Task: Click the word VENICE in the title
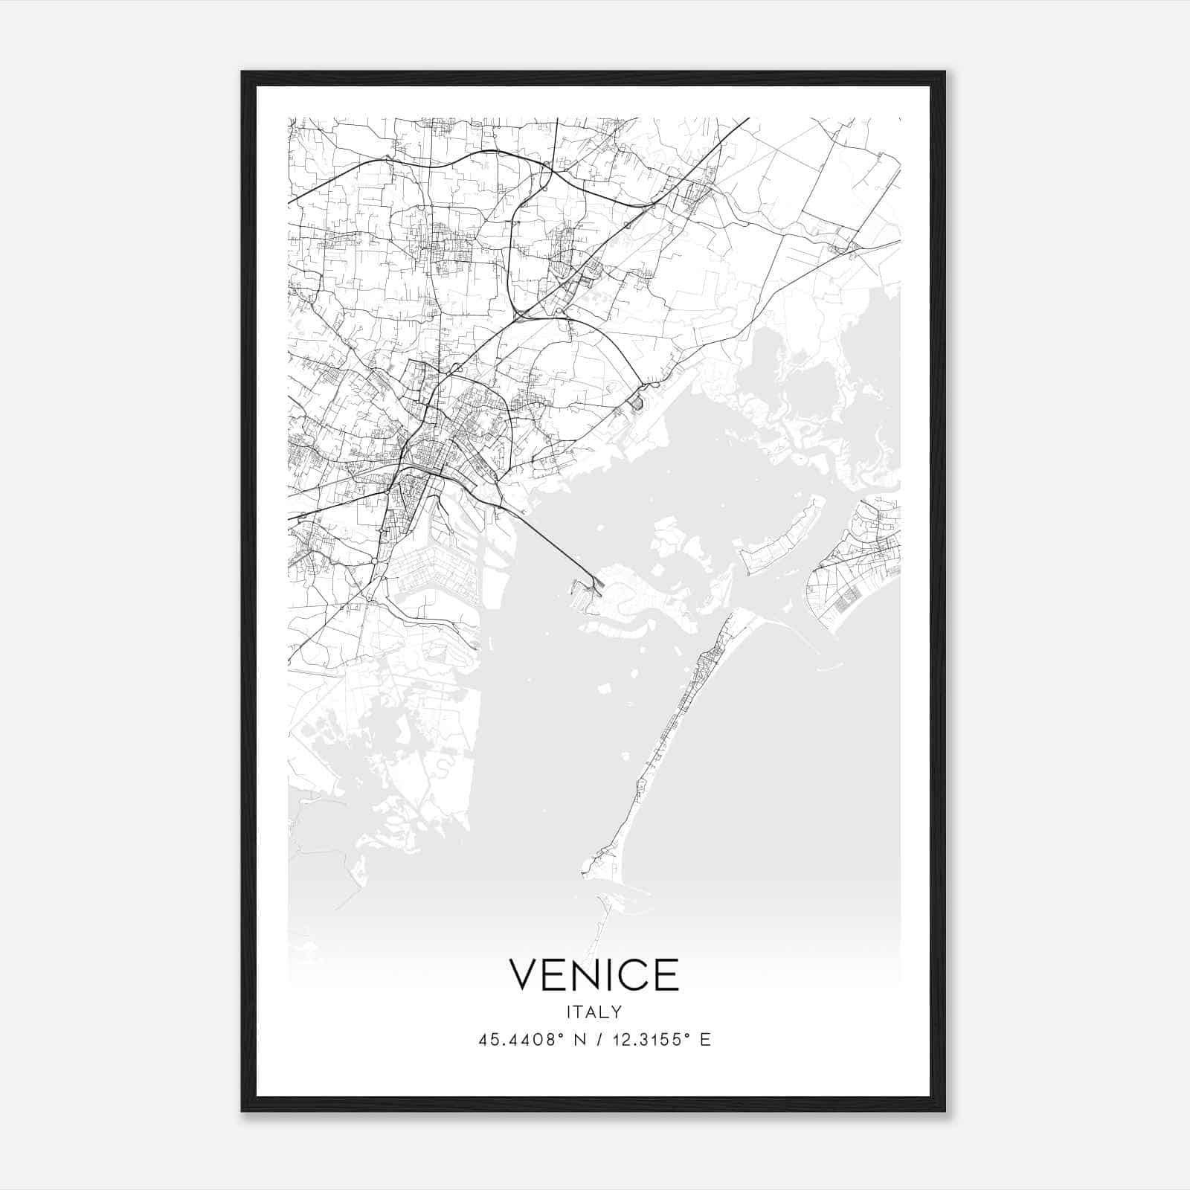tap(594, 974)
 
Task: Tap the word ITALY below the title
tap(594, 1011)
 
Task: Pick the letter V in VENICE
tap(524, 974)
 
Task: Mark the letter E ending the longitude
tap(705, 1040)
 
